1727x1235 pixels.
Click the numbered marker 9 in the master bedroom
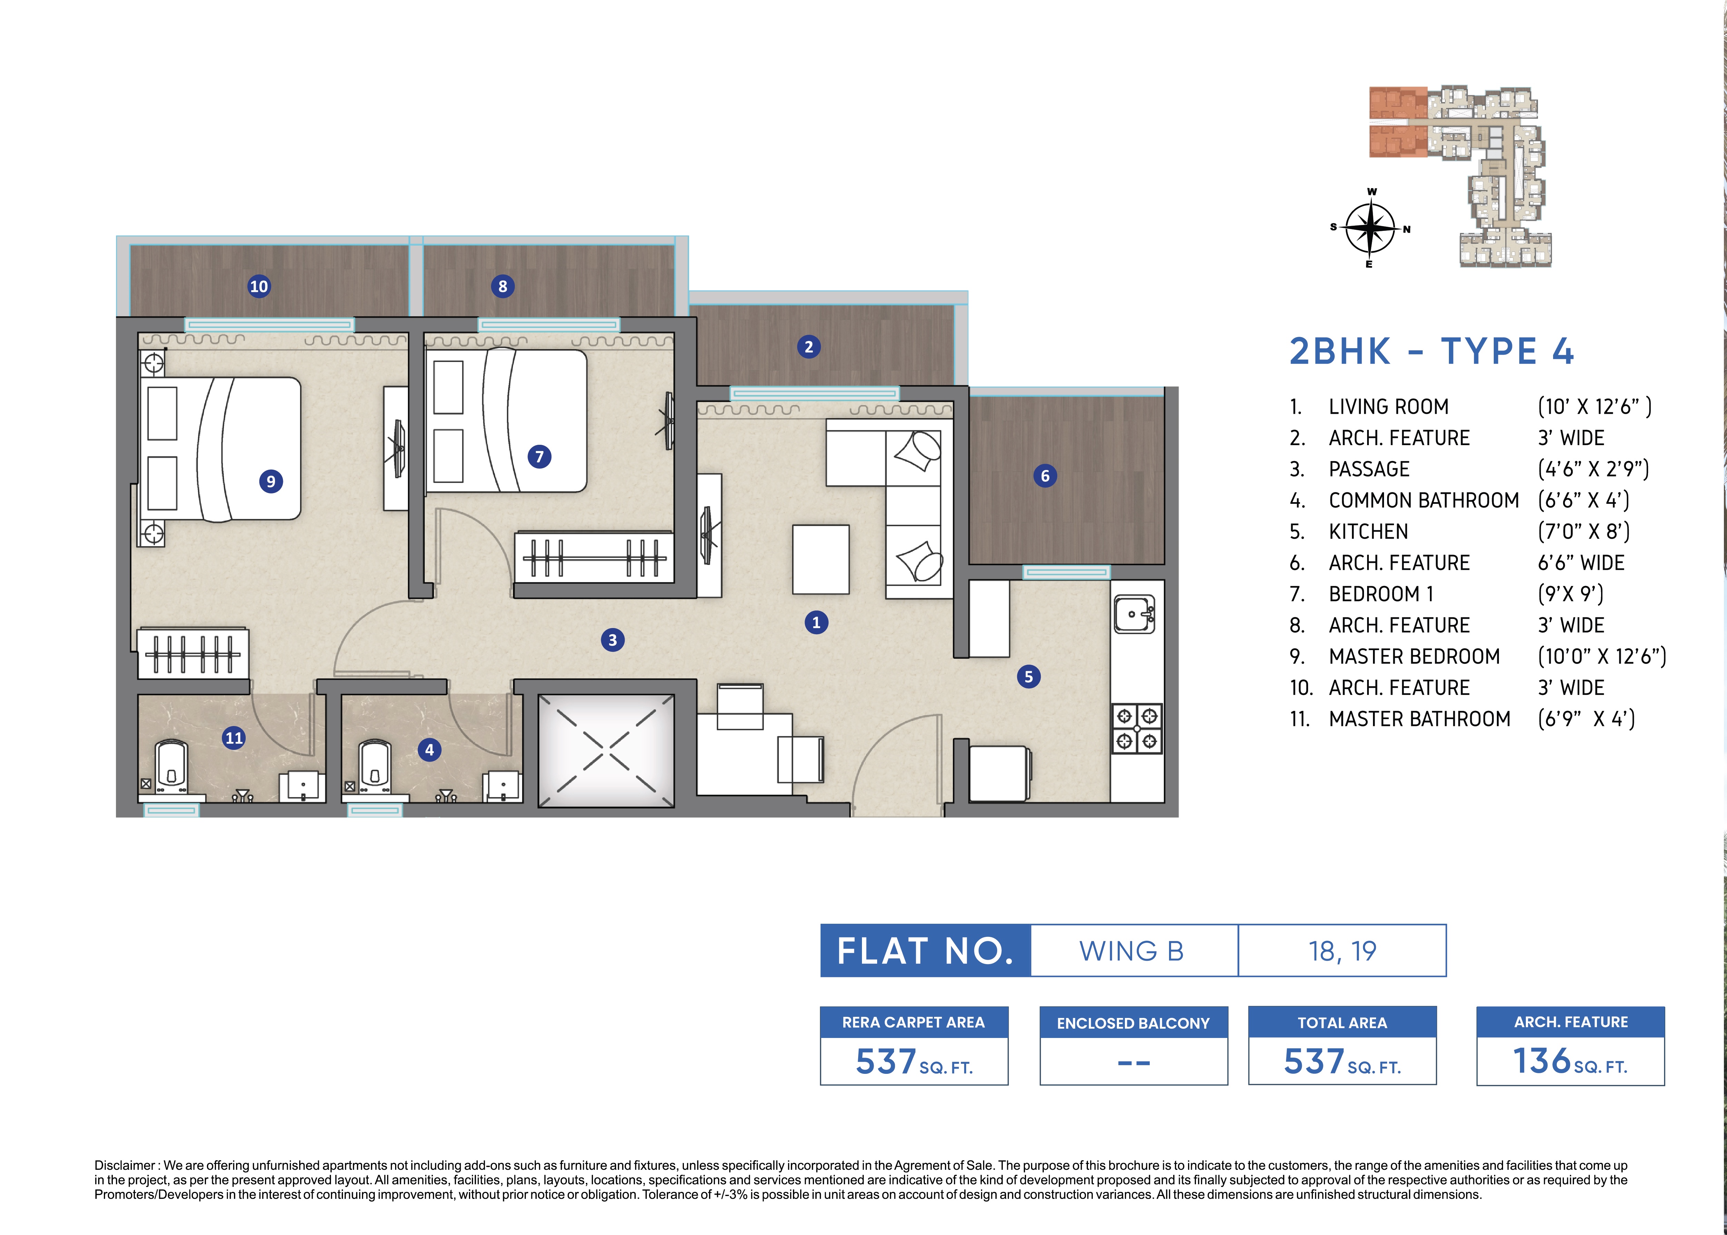click(271, 481)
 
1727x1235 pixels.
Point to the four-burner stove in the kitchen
click(1137, 728)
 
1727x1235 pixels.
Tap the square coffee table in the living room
click(821, 559)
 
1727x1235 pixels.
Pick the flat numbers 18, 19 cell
click(1342, 951)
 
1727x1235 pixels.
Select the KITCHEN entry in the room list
click(1368, 531)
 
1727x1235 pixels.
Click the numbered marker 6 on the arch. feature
click(1045, 476)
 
